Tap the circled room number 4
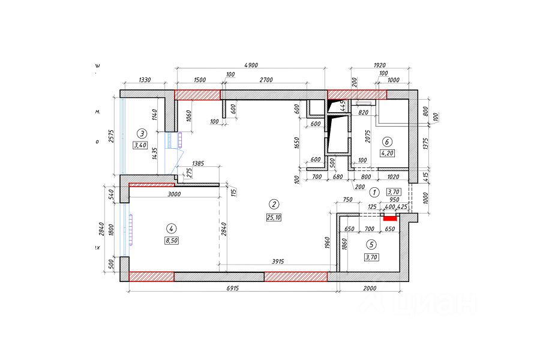[x=172, y=228]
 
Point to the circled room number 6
[x=387, y=142]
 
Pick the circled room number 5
[x=371, y=244]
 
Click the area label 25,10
[x=273, y=217]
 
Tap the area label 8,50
[x=172, y=241]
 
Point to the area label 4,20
[x=388, y=154]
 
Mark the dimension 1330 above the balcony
[x=144, y=80]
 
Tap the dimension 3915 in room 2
[x=277, y=261]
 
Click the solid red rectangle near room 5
[x=389, y=218]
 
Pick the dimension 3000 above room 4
[x=174, y=194]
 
